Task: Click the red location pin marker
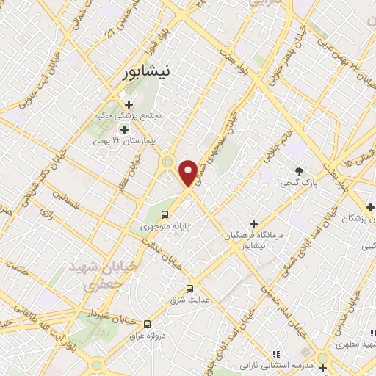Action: tap(189, 172)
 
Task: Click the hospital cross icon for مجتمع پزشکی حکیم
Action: tap(129, 104)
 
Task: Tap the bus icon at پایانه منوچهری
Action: tap(164, 216)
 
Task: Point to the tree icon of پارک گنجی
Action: tap(299, 171)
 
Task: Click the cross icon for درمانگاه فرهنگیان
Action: tap(254, 224)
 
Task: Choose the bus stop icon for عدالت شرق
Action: tap(191, 288)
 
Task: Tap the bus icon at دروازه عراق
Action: tap(148, 323)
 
